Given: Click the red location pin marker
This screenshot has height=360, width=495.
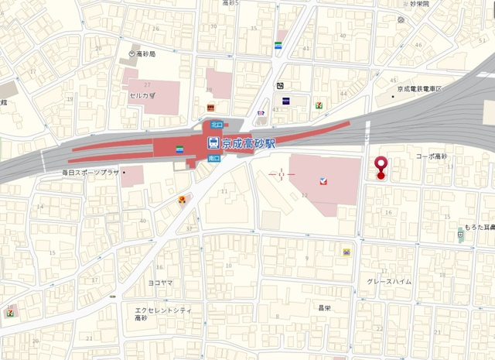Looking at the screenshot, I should tap(381, 167).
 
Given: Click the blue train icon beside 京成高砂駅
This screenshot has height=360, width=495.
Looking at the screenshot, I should tap(212, 142).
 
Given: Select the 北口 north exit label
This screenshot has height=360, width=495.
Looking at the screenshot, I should tap(217, 124).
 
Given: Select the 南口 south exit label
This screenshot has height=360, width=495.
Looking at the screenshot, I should tap(213, 159).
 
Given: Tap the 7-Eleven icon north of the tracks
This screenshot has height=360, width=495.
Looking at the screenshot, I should tap(318, 104).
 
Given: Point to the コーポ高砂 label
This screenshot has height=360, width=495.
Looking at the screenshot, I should tap(432, 156).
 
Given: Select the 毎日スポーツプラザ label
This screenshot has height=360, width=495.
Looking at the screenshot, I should tap(90, 172).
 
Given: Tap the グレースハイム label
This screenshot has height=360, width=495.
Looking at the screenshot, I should tap(389, 282).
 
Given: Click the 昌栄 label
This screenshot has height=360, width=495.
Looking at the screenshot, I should tap(324, 307).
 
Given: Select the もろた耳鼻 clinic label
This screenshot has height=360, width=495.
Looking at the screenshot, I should tap(480, 228).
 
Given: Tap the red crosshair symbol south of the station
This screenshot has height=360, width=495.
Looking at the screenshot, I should tap(282, 175).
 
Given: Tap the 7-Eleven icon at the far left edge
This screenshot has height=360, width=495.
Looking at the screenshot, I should tap(10, 313).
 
